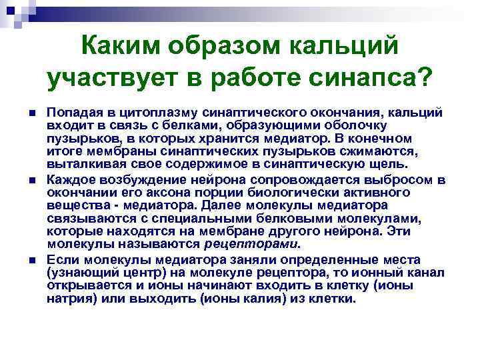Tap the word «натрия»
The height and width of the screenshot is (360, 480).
68,299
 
